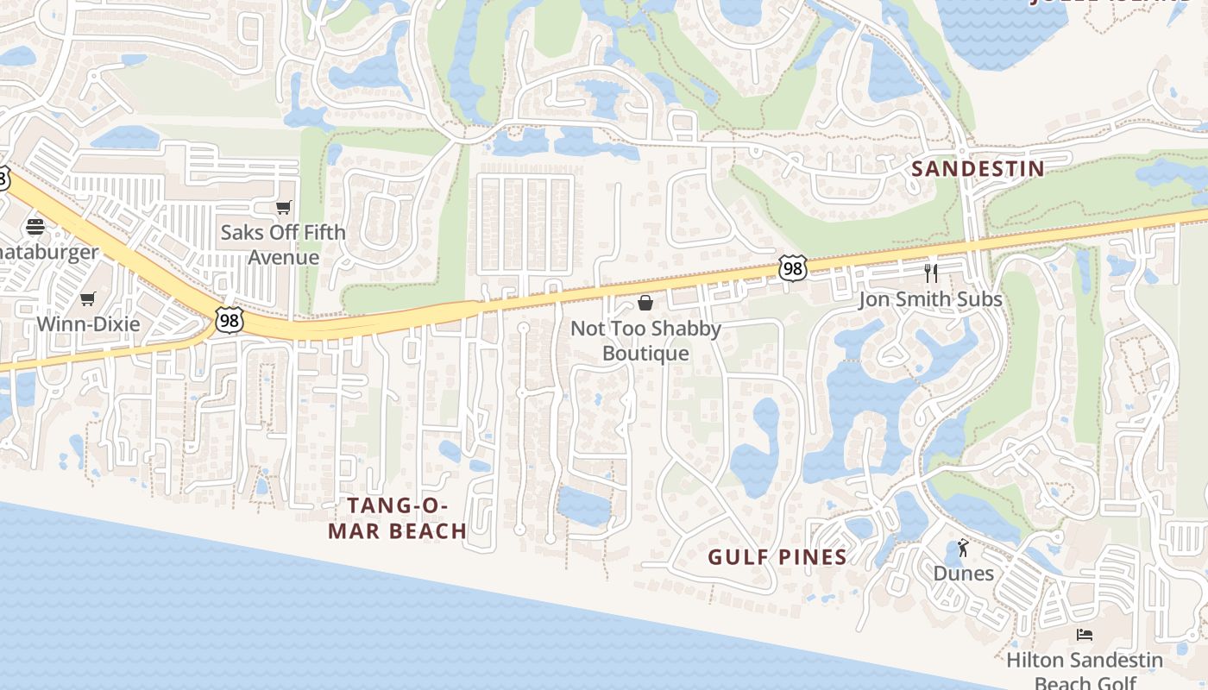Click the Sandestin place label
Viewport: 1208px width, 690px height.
(978, 169)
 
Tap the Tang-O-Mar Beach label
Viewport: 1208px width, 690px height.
(398, 518)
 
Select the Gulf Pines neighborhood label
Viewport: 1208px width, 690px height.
(777, 557)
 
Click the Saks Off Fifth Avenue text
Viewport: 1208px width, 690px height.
(283, 245)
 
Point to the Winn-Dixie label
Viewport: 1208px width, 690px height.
(88, 324)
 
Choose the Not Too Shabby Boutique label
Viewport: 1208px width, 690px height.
(645, 341)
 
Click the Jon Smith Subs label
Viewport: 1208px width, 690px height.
(930, 299)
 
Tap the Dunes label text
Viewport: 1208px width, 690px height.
(963, 574)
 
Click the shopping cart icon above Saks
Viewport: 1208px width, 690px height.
(283, 208)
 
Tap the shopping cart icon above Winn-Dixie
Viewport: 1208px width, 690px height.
(87, 299)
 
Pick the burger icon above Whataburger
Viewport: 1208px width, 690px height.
(35, 227)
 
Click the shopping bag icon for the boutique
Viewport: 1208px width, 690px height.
(645, 303)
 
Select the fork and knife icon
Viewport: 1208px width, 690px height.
(930, 273)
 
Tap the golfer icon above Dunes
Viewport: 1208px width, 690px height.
(963, 548)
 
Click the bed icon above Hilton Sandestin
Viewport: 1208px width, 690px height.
(1085, 635)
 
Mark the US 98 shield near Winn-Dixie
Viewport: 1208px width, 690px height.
(229, 321)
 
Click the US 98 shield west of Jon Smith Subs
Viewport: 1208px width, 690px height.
(792, 268)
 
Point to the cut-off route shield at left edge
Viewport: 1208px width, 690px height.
(3, 179)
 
